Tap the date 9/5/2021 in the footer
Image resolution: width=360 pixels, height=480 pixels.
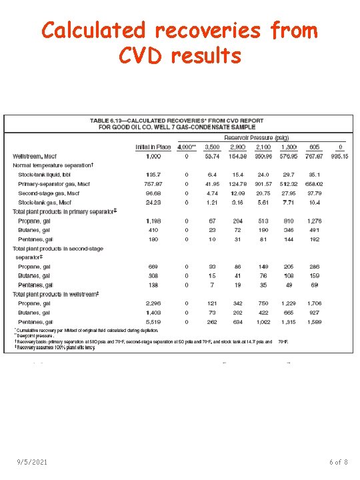(x=32, y=462)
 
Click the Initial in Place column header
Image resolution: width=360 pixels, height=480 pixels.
(x=153, y=147)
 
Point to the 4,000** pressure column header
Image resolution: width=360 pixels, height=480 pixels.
(x=186, y=147)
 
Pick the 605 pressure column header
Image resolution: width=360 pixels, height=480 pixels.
(x=314, y=147)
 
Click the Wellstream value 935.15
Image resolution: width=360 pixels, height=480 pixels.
(x=341, y=156)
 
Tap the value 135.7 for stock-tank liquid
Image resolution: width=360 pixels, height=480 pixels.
(x=153, y=174)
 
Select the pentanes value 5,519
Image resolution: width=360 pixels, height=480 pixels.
(x=153, y=321)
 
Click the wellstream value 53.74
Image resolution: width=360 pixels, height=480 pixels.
(x=212, y=156)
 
